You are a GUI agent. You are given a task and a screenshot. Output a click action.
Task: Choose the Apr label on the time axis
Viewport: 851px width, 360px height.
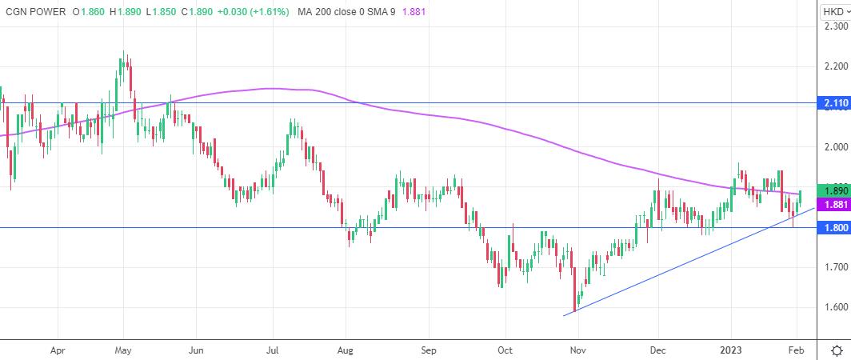coord(57,350)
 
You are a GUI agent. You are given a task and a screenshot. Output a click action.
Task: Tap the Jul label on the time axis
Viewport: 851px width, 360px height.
coord(272,350)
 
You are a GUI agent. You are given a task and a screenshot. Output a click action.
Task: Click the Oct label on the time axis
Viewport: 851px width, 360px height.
coord(505,350)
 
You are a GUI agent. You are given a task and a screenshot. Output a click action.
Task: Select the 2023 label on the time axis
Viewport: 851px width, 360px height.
coord(732,350)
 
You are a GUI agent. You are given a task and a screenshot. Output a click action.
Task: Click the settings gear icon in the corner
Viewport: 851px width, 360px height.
coord(836,350)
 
